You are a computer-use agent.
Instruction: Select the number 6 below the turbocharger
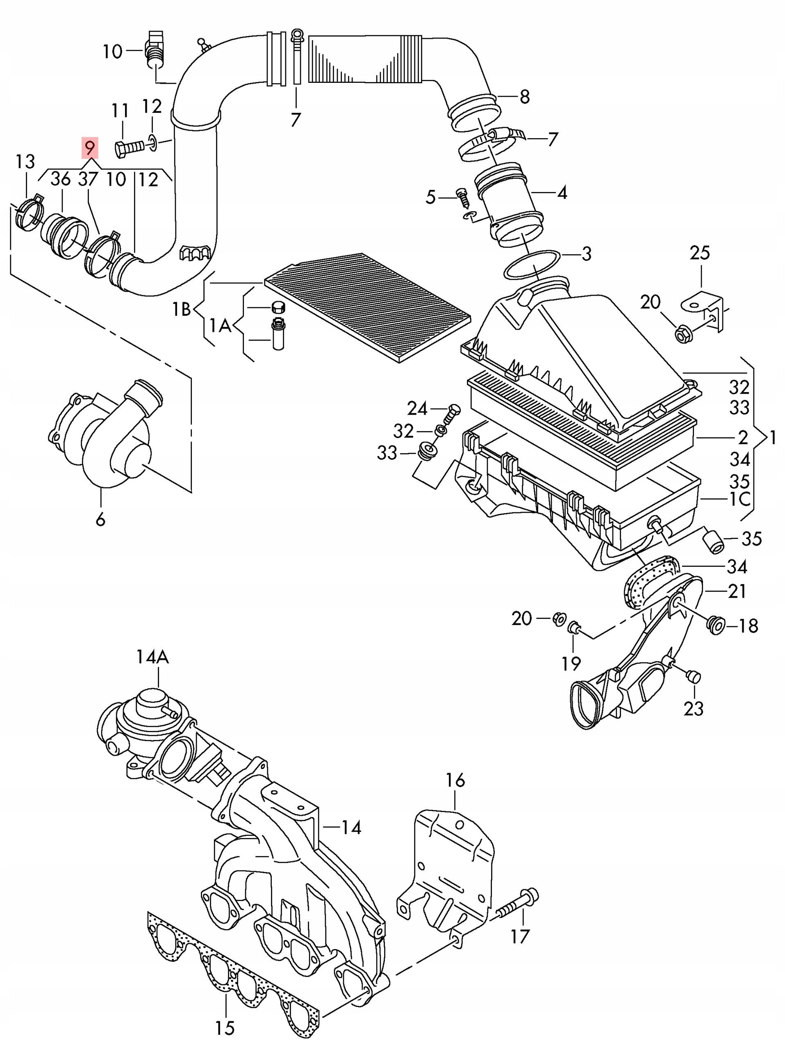tap(100, 519)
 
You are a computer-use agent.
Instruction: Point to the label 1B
tap(182, 310)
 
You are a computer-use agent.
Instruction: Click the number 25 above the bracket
tap(700, 253)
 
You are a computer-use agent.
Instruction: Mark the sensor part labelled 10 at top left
tap(155, 50)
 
